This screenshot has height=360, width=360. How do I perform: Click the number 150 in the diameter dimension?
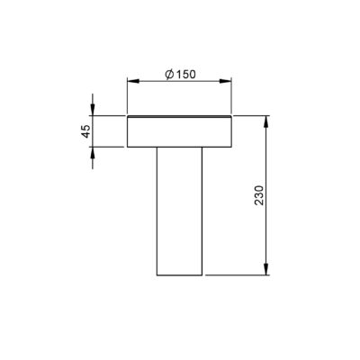coord(185,74)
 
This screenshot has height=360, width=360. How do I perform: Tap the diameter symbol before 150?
coord(169,74)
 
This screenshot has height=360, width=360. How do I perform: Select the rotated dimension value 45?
coord(86,131)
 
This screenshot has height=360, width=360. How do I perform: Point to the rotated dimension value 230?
coord(258,195)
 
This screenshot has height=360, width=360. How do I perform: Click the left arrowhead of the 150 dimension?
coord(133,81)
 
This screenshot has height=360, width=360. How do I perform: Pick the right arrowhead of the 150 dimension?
coord(225,81)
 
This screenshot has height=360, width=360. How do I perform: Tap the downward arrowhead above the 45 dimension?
coord(93,110)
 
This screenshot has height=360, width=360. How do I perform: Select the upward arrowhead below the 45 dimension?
coord(93,153)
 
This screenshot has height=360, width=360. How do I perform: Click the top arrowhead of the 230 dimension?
coord(265,121)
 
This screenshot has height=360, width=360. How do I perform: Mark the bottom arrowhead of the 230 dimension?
coord(265,269)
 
